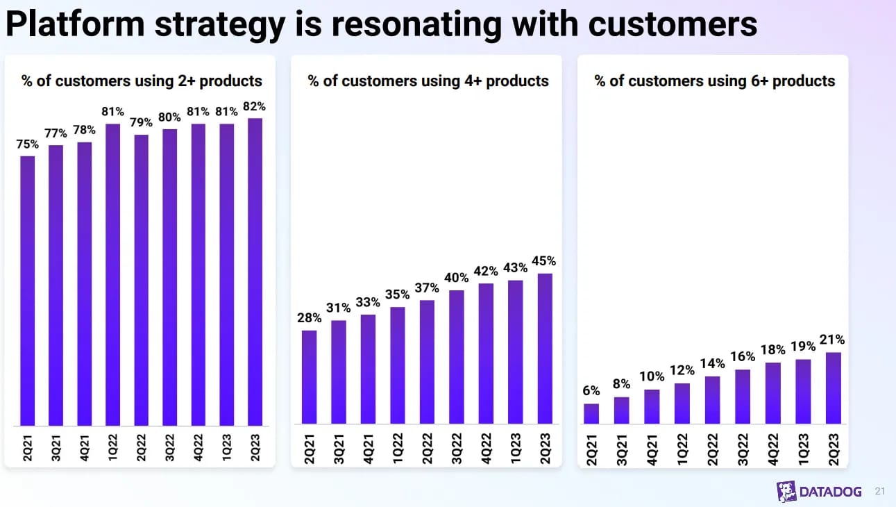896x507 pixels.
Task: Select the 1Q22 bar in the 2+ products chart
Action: (x=113, y=274)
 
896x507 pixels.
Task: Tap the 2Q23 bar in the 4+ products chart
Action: (x=546, y=348)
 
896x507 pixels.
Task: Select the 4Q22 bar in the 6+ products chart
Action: (x=773, y=392)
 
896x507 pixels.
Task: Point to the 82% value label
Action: (x=255, y=107)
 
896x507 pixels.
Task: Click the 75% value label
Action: (x=28, y=144)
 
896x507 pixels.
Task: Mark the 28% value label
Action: (x=309, y=318)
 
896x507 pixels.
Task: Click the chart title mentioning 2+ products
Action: (x=142, y=81)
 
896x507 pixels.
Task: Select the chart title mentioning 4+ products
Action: (x=428, y=81)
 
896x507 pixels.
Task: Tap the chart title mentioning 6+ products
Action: (x=715, y=81)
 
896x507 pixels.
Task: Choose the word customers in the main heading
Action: (x=672, y=24)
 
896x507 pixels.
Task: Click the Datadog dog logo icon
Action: (x=786, y=491)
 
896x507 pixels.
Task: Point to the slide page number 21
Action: (x=880, y=491)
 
